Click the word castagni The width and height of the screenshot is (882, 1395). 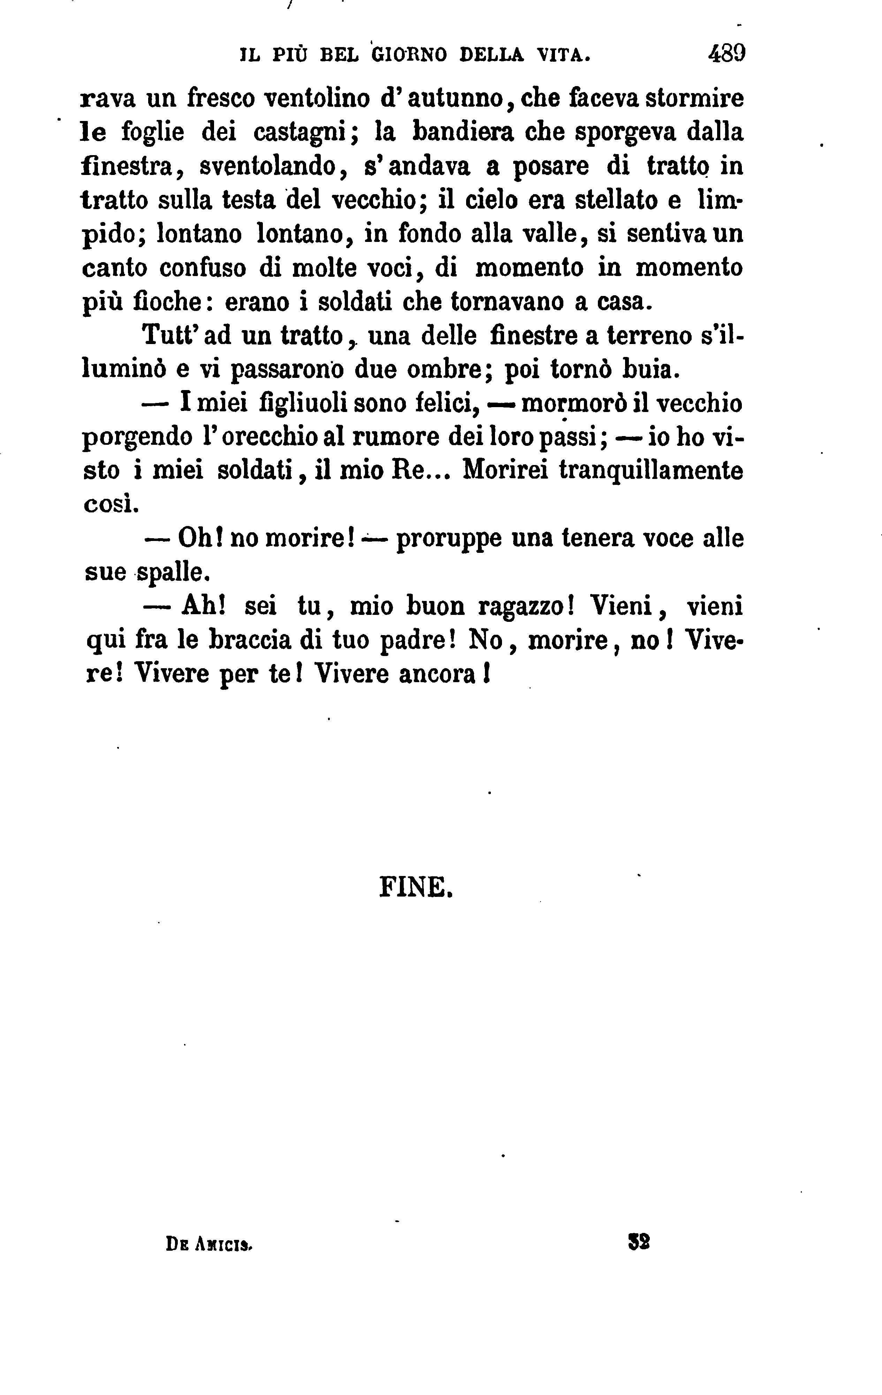pyautogui.click(x=300, y=133)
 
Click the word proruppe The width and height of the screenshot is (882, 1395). pyautogui.click(x=449, y=539)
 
